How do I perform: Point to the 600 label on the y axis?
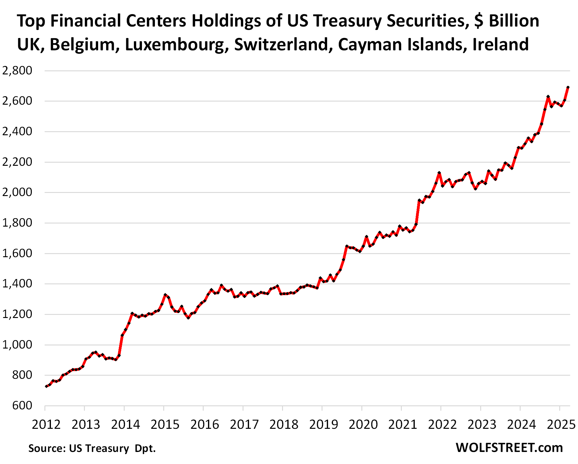[x=22, y=405]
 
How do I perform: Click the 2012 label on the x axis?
[x=46, y=424]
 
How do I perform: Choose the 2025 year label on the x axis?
[x=561, y=424]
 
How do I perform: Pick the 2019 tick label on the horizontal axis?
[x=323, y=424]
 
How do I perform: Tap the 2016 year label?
[x=205, y=424]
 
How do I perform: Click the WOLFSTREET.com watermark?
[x=509, y=448]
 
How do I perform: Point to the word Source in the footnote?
[x=47, y=448]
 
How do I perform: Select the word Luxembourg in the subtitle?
[x=177, y=45]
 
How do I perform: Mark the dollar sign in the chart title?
[x=479, y=21]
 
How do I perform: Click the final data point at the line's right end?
[x=568, y=87]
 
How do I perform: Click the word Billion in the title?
[x=514, y=21]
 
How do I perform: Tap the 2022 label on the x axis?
[x=442, y=424]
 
